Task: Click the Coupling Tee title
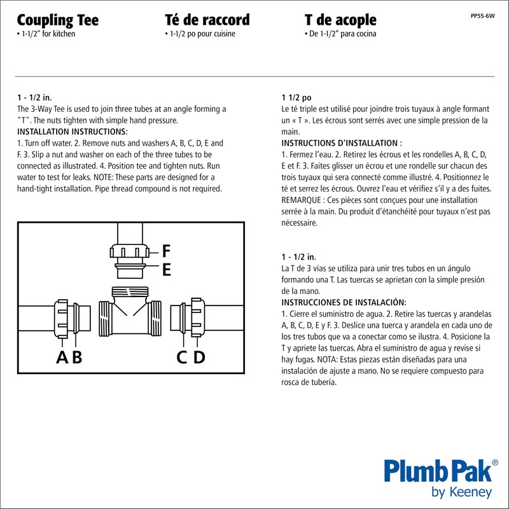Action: [57, 20]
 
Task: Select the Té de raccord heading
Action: [207, 20]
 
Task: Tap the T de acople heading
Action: [340, 20]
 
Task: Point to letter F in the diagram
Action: [167, 250]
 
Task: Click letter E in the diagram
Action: [167, 270]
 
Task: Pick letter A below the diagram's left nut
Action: [62, 358]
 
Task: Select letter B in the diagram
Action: [78, 358]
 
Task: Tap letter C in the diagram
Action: [183, 358]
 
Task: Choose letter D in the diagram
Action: [199, 358]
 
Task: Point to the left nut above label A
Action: [63, 316]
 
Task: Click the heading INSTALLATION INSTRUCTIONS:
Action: [72, 132]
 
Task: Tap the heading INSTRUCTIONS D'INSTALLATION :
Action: [342, 143]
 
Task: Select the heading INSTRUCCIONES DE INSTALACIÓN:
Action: [344, 302]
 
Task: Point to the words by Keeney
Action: [461, 492]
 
